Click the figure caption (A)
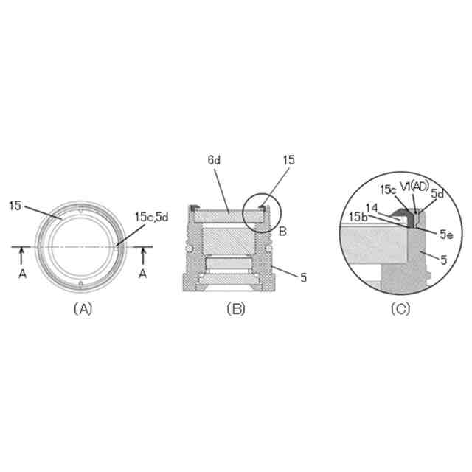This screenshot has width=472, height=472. pyautogui.click(x=83, y=309)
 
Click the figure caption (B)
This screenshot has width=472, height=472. pyautogui.click(x=236, y=309)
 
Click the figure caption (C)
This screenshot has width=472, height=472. pyautogui.click(x=400, y=309)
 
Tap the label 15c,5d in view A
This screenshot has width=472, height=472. pyautogui.click(x=151, y=217)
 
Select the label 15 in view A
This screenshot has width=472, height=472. pyautogui.click(x=15, y=206)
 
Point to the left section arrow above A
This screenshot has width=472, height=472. pyautogui.click(x=21, y=256)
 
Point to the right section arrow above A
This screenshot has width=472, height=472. pyautogui.click(x=143, y=256)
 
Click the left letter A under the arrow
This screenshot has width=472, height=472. pyautogui.click(x=23, y=274)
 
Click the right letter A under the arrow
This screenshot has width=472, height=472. pyautogui.click(x=143, y=274)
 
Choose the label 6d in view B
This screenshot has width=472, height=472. pyautogui.click(x=214, y=160)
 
